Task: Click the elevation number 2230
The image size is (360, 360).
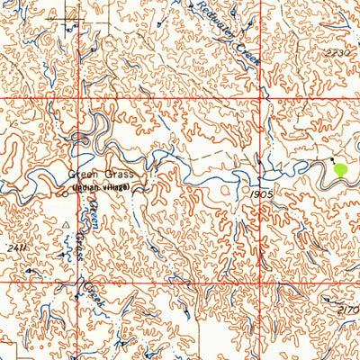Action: click(337, 54)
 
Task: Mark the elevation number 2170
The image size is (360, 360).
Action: click(348, 310)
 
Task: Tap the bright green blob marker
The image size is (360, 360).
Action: click(340, 168)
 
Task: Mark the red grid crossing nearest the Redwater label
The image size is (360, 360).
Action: click(266, 96)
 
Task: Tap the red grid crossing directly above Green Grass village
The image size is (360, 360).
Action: click(78, 96)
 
